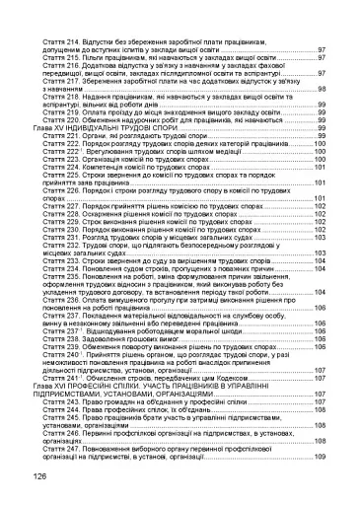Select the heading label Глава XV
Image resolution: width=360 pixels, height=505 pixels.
click(x=50, y=128)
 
